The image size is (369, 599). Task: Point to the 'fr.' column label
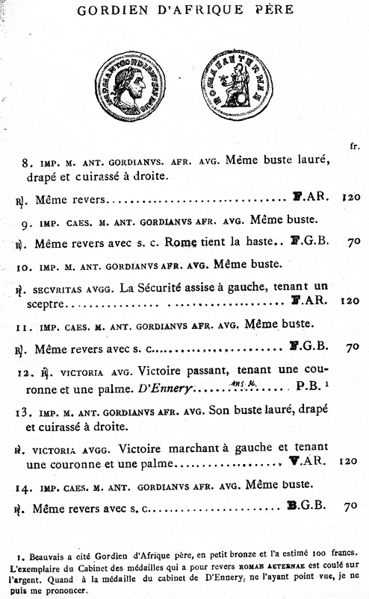353,145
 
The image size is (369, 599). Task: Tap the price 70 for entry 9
354,242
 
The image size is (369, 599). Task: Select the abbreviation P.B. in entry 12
310,389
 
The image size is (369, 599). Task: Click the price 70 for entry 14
354,507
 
